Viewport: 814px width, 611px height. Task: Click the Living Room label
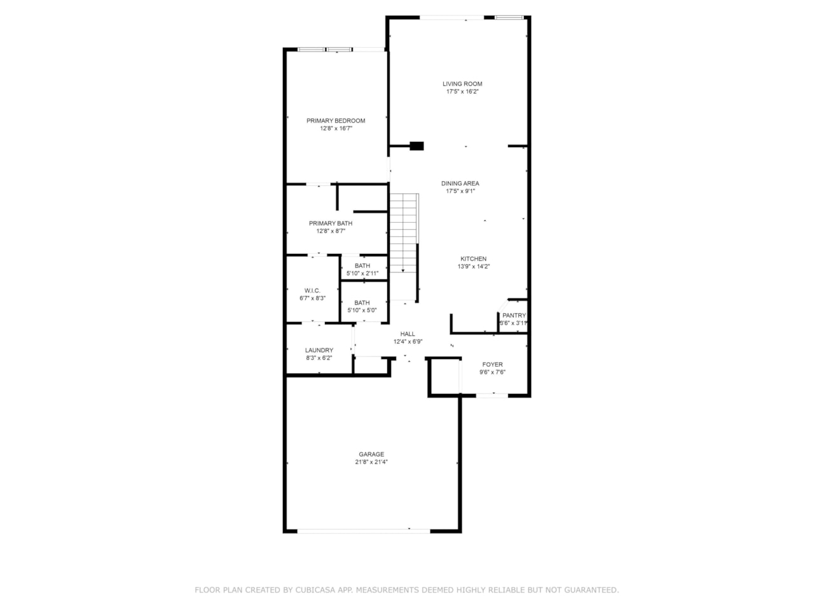(462, 84)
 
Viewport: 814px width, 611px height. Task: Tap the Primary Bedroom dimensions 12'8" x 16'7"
(336, 129)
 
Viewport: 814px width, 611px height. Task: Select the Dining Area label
(460, 183)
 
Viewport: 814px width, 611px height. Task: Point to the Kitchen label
(473, 258)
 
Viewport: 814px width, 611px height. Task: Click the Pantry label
(514, 315)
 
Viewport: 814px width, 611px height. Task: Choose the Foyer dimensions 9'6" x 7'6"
(492, 372)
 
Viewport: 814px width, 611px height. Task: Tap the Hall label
(408, 334)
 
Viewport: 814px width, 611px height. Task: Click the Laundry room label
(319, 350)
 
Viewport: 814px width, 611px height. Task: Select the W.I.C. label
(312, 290)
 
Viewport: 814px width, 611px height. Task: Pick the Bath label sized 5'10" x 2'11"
(362, 265)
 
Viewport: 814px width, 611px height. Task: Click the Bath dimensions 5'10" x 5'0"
(362, 310)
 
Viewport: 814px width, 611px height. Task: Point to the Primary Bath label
(331, 223)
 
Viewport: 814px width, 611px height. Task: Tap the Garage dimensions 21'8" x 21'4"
(371, 462)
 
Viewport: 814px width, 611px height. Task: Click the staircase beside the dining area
(404, 247)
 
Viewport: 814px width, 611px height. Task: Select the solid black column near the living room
(417, 146)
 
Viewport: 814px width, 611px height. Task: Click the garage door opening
(363, 531)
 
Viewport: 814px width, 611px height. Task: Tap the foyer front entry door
(492, 395)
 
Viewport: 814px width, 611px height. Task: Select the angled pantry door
(503, 305)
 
